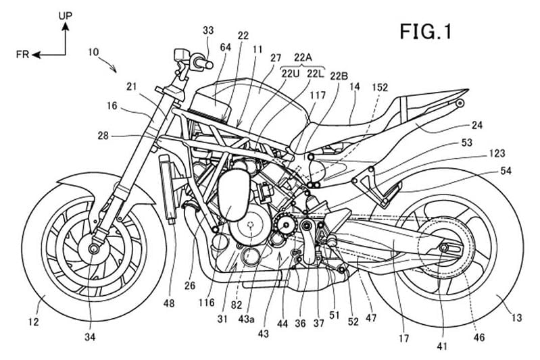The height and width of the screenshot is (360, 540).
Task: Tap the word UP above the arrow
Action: pyautogui.click(x=66, y=13)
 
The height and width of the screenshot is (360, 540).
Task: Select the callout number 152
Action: pyautogui.click(x=380, y=87)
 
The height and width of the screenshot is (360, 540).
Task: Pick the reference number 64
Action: pyautogui.click(x=224, y=47)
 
